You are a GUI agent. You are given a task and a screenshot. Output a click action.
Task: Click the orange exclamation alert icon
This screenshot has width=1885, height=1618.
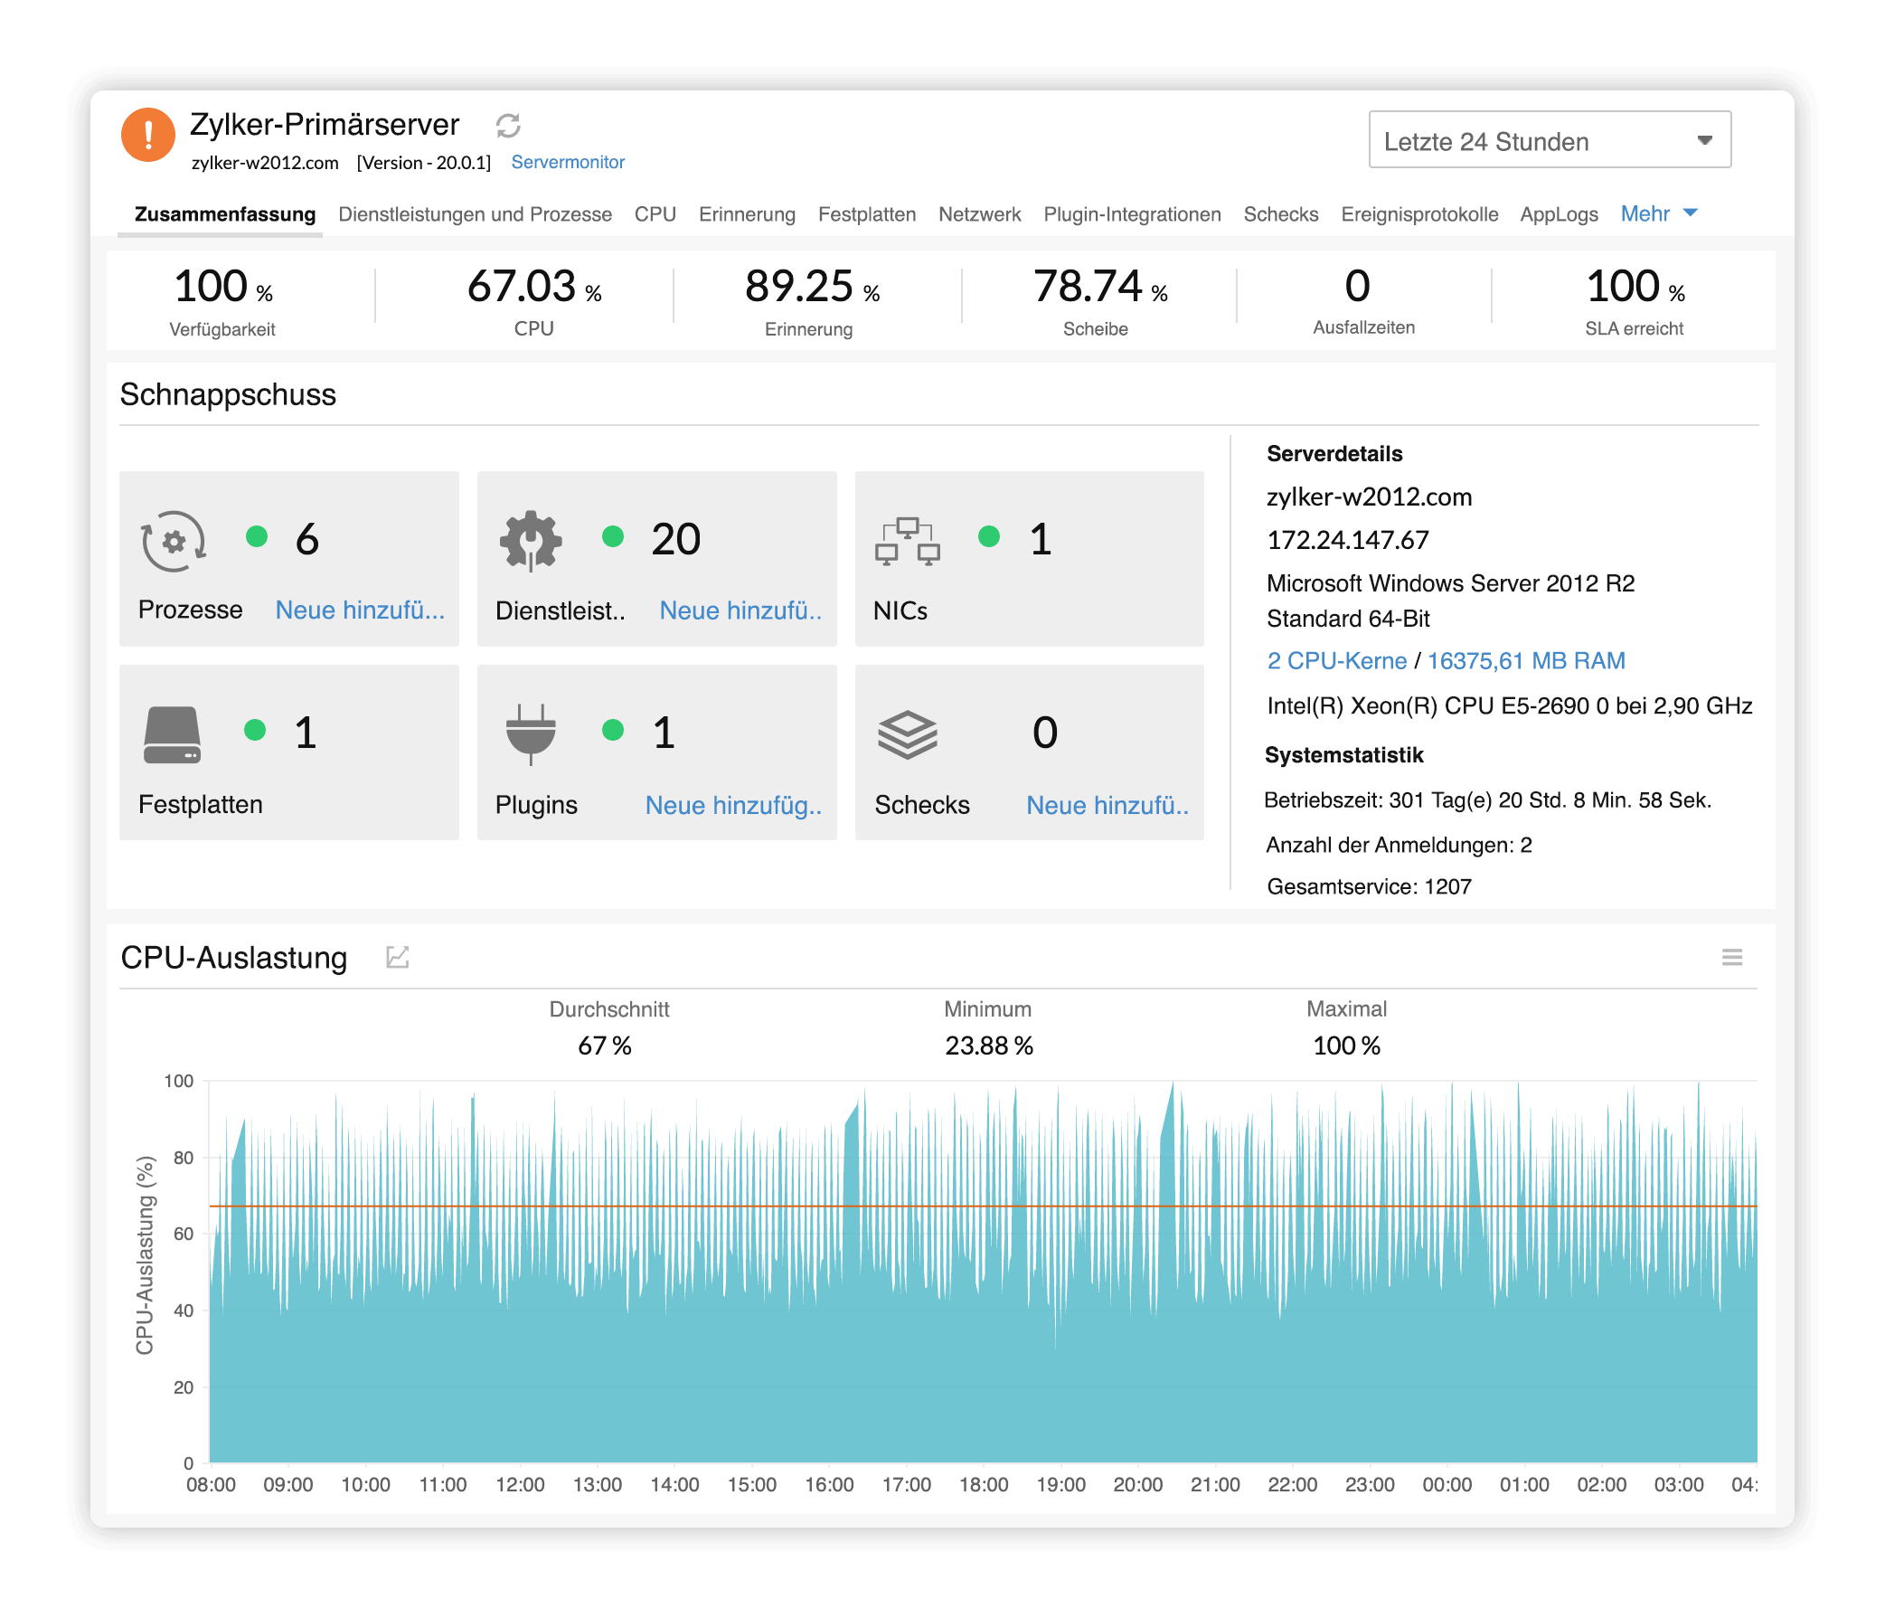(x=148, y=135)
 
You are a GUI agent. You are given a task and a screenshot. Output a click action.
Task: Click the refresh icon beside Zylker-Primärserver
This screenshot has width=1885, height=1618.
(x=508, y=126)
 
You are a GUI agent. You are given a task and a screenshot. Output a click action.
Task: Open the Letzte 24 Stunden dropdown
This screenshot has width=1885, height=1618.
(x=1549, y=140)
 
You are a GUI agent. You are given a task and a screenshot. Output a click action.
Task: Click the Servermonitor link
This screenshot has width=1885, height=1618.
(x=568, y=162)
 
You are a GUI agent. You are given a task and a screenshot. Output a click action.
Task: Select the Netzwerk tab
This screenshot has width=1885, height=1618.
(x=979, y=213)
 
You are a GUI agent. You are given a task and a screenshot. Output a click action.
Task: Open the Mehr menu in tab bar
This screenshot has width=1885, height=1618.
(x=1657, y=213)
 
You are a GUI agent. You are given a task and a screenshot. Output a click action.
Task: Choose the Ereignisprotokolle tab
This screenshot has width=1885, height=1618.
(x=1418, y=213)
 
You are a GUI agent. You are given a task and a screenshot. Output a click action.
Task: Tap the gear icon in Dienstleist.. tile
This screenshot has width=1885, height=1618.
(x=531, y=541)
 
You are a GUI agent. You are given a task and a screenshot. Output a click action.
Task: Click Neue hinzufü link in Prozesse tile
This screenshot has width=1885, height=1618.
(x=360, y=610)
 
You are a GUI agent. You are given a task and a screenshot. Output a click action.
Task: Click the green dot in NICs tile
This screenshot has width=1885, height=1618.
(x=989, y=537)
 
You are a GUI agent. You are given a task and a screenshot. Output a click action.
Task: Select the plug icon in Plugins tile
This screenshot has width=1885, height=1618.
(x=531, y=733)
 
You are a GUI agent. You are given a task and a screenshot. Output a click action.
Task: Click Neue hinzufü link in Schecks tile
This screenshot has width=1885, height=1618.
(x=1107, y=805)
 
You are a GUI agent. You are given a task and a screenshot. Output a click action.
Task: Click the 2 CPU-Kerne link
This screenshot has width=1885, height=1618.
(x=1335, y=660)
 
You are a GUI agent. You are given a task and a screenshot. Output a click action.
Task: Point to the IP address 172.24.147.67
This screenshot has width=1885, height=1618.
(x=1347, y=541)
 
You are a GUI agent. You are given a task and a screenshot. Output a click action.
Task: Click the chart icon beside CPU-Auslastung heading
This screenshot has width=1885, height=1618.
(x=398, y=958)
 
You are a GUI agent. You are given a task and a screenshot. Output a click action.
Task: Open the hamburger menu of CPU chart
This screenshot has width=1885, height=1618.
(x=1731, y=958)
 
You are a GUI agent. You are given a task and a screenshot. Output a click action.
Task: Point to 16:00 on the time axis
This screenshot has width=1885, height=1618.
(x=829, y=1484)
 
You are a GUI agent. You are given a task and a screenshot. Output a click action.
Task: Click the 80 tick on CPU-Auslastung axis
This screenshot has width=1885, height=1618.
(x=183, y=1158)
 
